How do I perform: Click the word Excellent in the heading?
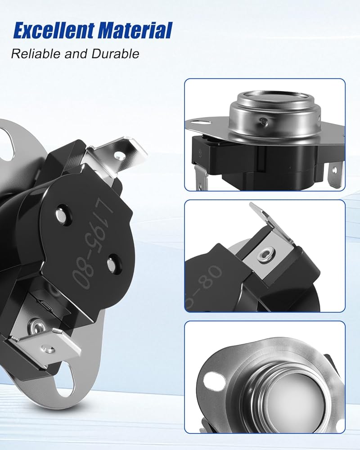54,31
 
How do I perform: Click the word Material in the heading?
135,31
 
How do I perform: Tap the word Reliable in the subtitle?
36,54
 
